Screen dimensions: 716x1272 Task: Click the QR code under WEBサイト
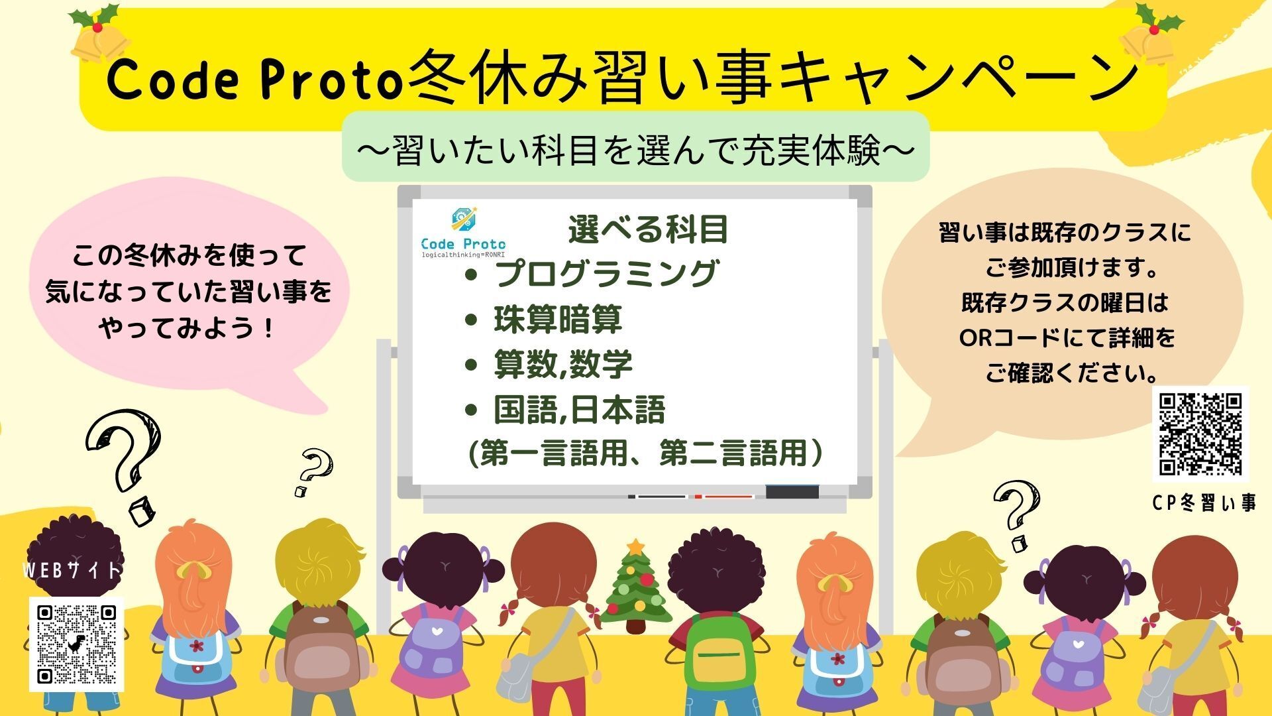pos(76,644)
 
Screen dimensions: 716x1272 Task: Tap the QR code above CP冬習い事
pos(1200,434)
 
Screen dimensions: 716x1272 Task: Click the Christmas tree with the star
pos(635,586)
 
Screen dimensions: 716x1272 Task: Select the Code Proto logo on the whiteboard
pos(463,232)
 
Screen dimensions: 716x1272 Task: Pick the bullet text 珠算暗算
pos(558,320)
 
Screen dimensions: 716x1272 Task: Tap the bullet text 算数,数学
pos(563,365)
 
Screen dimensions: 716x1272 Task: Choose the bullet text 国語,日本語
pos(579,410)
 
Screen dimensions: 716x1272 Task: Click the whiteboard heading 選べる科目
pos(648,229)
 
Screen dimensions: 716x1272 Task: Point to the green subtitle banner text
pos(635,152)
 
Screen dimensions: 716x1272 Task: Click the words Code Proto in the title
pos(255,80)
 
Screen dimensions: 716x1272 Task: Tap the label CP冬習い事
pos(1204,504)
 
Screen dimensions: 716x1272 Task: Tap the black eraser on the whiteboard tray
pos(792,492)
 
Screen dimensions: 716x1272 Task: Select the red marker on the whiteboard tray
pos(725,496)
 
